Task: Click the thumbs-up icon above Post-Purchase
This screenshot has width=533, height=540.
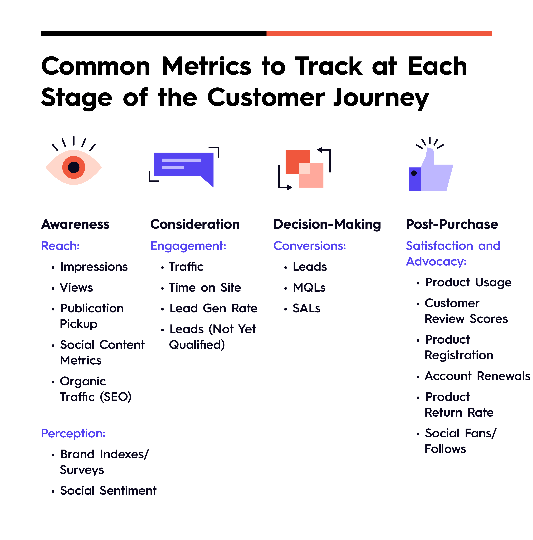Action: point(431,169)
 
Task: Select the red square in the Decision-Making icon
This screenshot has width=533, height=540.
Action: point(298,162)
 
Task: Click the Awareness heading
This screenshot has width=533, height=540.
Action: point(75,224)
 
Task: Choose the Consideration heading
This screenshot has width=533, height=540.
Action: point(195,224)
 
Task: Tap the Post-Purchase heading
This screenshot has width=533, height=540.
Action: point(452,224)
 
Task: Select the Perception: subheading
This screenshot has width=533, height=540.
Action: point(73,434)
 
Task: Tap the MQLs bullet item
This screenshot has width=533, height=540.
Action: point(309,288)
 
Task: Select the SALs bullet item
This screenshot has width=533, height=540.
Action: point(306,308)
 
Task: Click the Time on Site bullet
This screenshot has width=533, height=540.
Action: point(205,288)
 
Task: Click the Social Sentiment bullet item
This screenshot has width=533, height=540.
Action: point(108,491)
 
